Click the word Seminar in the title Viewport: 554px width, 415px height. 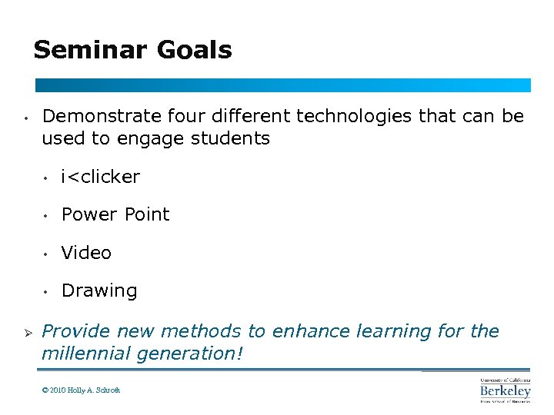point(90,51)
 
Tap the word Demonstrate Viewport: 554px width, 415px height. point(102,116)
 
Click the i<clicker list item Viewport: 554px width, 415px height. point(101,177)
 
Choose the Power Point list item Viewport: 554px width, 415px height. point(115,214)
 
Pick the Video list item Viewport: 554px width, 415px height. point(86,253)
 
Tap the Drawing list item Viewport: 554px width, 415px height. point(99,291)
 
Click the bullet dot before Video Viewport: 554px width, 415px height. point(47,254)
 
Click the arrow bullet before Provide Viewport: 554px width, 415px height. point(26,332)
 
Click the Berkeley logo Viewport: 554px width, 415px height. point(505,390)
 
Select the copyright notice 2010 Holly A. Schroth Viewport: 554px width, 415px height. point(82,390)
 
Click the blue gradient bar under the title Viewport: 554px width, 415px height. point(282,85)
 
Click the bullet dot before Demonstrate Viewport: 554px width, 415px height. point(26,118)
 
